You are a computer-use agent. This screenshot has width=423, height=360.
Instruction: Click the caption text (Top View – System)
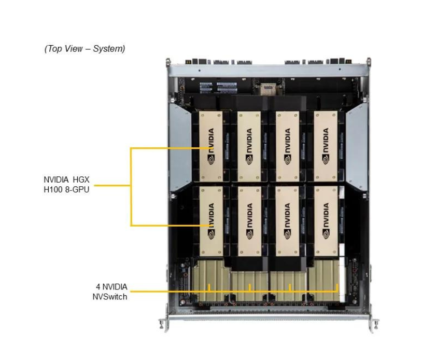click(x=84, y=49)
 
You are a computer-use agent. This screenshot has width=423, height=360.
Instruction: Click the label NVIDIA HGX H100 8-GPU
click(x=66, y=185)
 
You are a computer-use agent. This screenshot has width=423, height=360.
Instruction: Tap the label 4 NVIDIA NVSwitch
click(x=111, y=292)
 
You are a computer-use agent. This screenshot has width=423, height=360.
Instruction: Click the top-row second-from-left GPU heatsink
click(x=249, y=146)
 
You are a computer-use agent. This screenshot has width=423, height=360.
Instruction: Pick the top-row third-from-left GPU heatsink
click(x=287, y=146)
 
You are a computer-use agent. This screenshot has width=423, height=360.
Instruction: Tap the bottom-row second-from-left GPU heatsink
click(x=249, y=220)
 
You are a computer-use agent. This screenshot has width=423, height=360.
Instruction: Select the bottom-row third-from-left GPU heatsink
click(x=287, y=220)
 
